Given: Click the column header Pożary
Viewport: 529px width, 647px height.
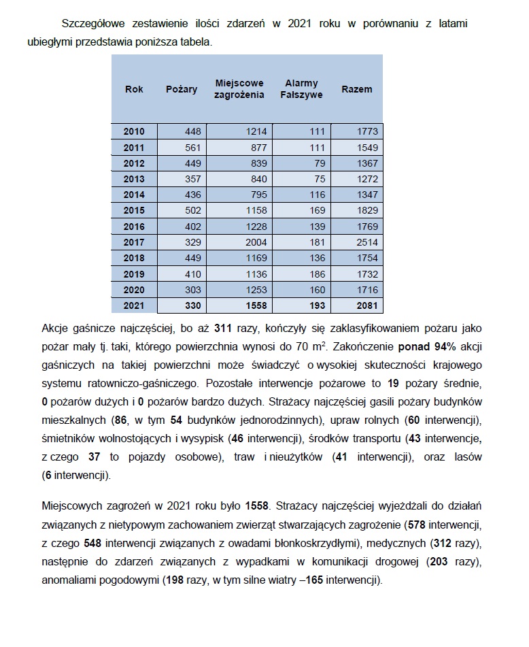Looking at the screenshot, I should pyautogui.click(x=182, y=89).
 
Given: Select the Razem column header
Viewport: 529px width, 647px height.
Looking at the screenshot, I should pyautogui.click(x=356, y=89).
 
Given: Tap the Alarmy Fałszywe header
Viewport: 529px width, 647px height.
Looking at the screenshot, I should pyautogui.click(x=301, y=89).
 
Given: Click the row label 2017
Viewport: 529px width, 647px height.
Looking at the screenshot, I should pyautogui.click(x=134, y=242).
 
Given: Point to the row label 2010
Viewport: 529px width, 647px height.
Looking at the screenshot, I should pyautogui.click(x=134, y=131).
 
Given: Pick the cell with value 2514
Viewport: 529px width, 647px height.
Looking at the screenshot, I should pyautogui.click(x=364, y=242).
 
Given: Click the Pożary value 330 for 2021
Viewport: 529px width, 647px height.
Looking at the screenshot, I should pyautogui.click(x=192, y=305).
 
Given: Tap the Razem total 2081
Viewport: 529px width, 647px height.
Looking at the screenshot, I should pyautogui.click(x=364, y=305).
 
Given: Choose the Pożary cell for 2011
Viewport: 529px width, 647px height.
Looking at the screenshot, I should pyautogui.click(x=192, y=147).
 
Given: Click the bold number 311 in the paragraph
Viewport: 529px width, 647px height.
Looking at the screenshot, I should pyautogui.click(x=223, y=327).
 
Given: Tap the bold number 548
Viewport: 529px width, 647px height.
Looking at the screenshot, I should pyautogui.click(x=93, y=543).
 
